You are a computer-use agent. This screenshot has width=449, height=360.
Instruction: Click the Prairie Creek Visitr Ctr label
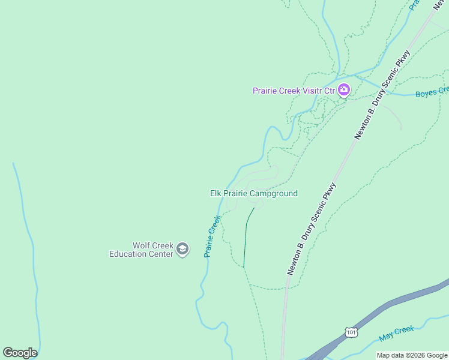click(x=293, y=91)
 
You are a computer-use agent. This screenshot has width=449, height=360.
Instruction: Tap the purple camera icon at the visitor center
click(x=344, y=91)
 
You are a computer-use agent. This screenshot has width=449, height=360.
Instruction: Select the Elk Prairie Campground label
click(x=253, y=194)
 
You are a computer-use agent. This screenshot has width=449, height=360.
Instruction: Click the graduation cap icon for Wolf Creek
click(x=182, y=250)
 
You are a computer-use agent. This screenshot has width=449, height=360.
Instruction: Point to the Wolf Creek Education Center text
click(x=141, y=250)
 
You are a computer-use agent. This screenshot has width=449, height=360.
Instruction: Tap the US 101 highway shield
click(x=352, y=332)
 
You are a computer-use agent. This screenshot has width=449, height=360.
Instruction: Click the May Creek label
click(x=397, y=333)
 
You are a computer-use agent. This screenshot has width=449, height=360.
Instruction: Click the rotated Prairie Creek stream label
click(x=212, y=236)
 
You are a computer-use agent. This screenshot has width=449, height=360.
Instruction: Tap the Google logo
click(x=20, y=353)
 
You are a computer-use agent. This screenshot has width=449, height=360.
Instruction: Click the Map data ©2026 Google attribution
click(x=412, y=355)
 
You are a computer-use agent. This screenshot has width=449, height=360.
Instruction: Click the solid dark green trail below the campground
click(x=246, y=240)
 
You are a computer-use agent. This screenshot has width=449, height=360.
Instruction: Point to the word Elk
click(x=216, y=194)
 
